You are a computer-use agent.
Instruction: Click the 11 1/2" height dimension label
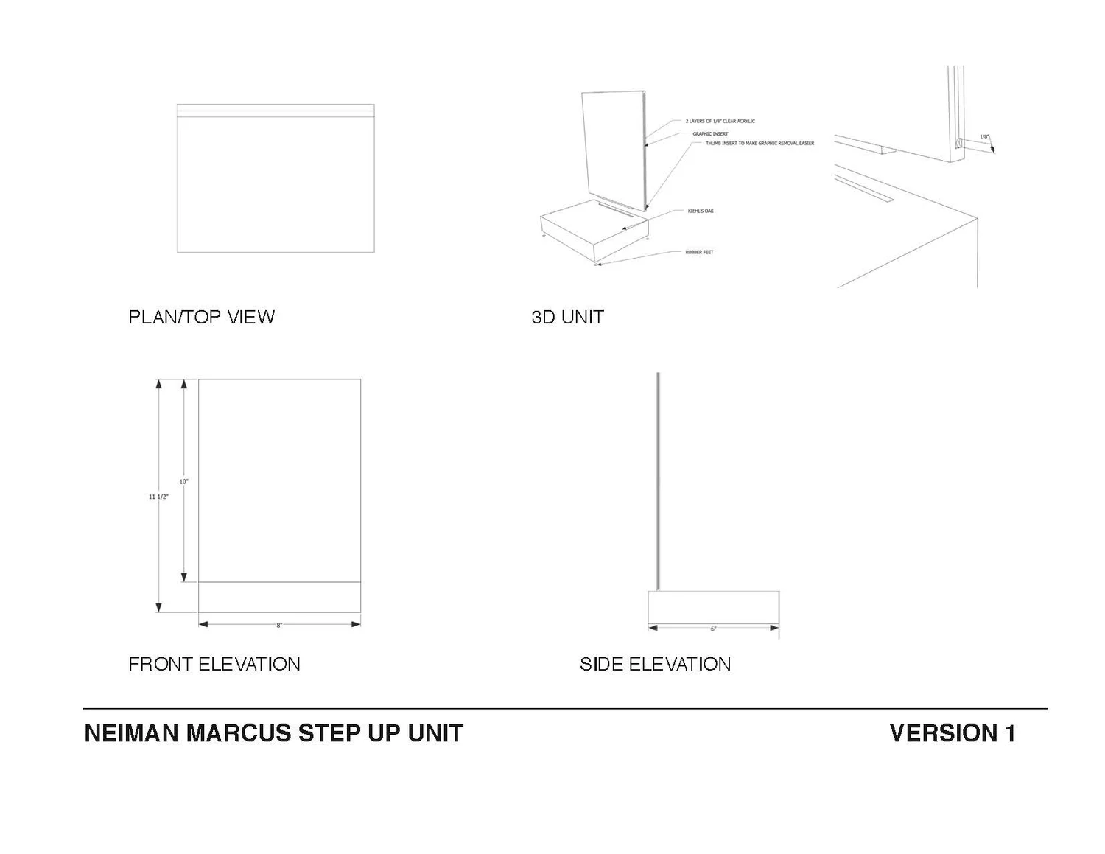click(158, 497)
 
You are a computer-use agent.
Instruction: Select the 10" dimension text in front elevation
click(183, 481)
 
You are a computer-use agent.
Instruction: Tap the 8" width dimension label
click(279, 626)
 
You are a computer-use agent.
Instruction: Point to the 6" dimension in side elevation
click(713, 629)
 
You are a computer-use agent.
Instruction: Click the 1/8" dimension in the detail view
click(984, 137)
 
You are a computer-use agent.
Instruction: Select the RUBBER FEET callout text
click(699, 252)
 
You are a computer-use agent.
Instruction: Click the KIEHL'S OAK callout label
click(701, 211)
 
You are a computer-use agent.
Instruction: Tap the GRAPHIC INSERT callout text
click(710, 134)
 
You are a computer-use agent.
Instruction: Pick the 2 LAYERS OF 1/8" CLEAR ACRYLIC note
click(720, 121)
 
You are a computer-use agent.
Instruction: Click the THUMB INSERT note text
click(760, 143)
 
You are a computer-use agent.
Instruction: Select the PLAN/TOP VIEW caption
click(201, 317)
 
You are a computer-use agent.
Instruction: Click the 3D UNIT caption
click(567, 317)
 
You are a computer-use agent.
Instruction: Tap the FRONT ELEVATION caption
click(214, 664)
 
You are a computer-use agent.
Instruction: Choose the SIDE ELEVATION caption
click(655, 664)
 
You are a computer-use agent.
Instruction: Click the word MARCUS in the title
click(239, 733)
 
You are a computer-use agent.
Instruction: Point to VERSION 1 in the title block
click(952, 733)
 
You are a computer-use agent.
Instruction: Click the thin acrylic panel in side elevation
click(658, 479)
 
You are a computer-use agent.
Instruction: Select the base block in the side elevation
click(713, 607)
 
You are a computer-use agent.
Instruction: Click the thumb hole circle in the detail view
click(958, 142)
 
